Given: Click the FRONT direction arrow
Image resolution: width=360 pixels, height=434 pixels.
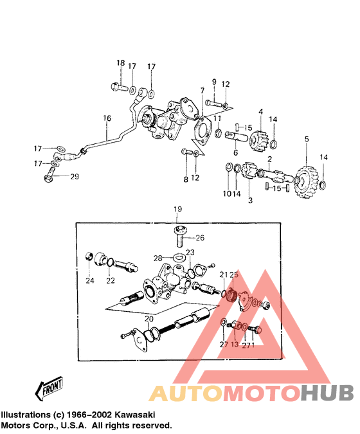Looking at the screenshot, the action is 49,388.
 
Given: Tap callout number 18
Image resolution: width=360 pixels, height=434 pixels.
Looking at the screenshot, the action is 121,63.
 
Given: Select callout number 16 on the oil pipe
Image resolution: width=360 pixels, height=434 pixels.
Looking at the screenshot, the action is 107,118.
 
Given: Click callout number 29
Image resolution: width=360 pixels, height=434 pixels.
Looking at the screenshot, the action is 75,176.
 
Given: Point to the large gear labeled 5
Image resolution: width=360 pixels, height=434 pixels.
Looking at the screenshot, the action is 306,181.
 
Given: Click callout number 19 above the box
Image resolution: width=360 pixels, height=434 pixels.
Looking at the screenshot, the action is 177,209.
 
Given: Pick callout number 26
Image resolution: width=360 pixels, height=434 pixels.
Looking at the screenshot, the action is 200,238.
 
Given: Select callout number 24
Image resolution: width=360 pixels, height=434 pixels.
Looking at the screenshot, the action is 89,281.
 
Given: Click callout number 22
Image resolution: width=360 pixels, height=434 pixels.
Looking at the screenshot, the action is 111,281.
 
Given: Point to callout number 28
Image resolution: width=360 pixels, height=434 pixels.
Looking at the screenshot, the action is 157,258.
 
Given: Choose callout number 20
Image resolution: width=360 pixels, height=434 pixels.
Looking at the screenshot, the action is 149,319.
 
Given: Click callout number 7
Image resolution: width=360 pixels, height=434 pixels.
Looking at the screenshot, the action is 203,91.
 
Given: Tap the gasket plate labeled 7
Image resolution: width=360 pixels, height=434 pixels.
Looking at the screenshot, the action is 203,132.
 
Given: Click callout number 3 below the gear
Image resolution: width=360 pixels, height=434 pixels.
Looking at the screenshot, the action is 251,200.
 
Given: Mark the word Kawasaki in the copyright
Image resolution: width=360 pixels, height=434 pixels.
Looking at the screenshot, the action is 135,415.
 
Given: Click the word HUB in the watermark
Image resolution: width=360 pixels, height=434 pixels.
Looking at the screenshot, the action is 327,393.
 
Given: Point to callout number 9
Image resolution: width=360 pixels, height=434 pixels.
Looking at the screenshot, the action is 214,82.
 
